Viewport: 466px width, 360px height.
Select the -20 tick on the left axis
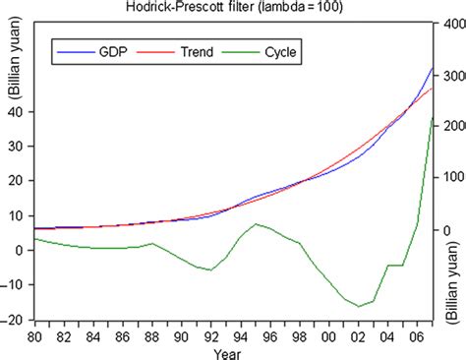(x=15, y=321)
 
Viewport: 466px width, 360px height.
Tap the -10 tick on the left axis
(x=15, y=285)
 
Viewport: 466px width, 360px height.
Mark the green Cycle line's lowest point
(x=359, y=306)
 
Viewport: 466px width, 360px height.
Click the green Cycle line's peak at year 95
(x=255, y=252)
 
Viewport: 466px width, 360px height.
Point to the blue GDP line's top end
(x=433, y=67)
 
